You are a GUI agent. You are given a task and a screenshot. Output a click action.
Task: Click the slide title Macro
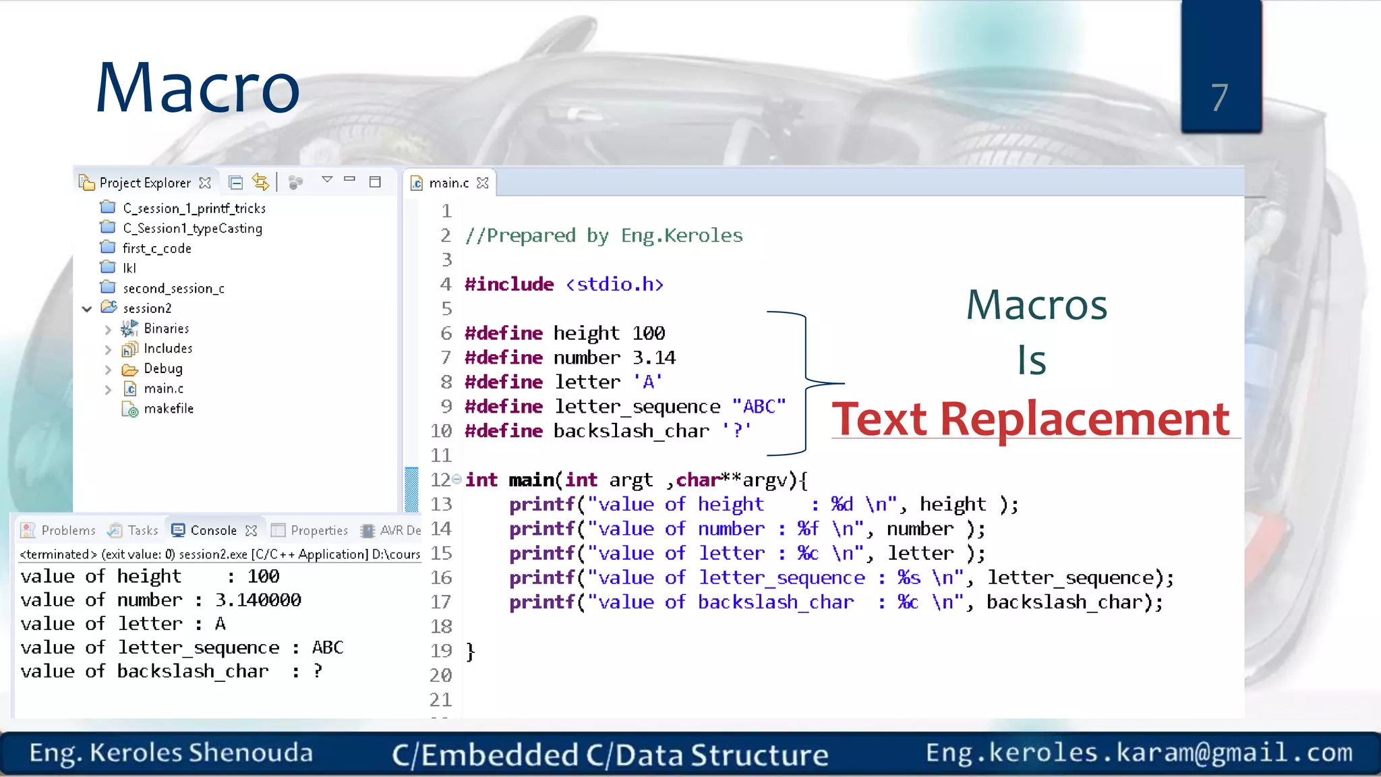pos(198,88)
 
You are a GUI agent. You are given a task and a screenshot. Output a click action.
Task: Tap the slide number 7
pos(1219,98)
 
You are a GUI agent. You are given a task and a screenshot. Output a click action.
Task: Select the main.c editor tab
pos(448,183)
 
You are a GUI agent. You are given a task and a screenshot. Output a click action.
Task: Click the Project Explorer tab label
pos(145,183)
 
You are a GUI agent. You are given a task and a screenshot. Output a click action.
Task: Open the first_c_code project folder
pos(156,248)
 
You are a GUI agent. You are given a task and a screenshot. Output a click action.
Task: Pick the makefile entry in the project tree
pos(169,409)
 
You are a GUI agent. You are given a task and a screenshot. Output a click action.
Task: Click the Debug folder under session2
pos(163,368)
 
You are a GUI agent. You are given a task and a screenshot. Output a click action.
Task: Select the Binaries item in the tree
pos(166,328)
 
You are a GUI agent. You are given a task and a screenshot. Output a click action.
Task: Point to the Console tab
pos(213,530)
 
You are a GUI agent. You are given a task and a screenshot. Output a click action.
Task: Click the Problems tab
pos(68,530)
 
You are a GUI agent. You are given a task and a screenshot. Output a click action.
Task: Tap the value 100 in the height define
pos(649,333)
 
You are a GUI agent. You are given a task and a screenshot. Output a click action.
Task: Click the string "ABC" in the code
pos(759,407)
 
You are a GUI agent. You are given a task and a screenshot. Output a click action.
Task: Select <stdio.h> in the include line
pos(615,285)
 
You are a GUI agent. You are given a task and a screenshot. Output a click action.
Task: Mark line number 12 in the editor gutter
pos(440,480)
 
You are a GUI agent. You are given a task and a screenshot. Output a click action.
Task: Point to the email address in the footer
pos(1139,753)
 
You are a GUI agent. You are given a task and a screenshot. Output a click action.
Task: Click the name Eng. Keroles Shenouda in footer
pos(171,753)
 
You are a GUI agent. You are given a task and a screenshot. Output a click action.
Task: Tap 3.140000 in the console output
pos(258,600)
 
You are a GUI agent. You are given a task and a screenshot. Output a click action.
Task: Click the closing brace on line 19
pos(471,652)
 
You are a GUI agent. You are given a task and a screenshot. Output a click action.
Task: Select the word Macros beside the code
pos(1036,305)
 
